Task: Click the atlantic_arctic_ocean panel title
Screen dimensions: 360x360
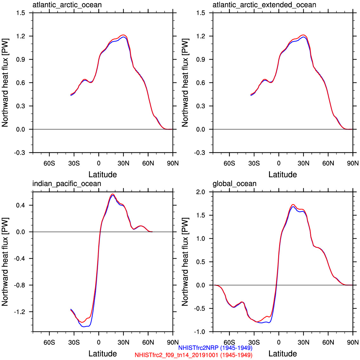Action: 67,5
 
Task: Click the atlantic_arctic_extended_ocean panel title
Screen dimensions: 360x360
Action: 264,5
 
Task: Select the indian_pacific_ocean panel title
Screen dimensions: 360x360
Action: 67,184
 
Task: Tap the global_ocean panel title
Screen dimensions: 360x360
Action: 234,184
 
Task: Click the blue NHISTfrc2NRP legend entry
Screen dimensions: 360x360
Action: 215,348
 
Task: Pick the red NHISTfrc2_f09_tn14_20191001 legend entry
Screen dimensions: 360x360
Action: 193,355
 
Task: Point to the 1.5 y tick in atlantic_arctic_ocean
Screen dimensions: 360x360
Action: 21,13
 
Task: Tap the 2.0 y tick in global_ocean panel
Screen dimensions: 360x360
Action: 201,192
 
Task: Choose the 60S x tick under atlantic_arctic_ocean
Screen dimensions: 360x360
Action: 49,163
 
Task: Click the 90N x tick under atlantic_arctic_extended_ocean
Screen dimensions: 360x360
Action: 353,163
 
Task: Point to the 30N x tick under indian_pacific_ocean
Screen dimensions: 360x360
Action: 123,342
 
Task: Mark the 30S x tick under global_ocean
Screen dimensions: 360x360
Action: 254,342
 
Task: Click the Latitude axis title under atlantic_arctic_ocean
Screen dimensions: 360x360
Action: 102,175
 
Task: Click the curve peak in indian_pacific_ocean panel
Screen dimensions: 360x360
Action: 113,194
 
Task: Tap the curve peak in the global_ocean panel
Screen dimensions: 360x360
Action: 293,205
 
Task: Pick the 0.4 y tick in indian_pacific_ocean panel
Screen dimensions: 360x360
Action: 21,205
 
